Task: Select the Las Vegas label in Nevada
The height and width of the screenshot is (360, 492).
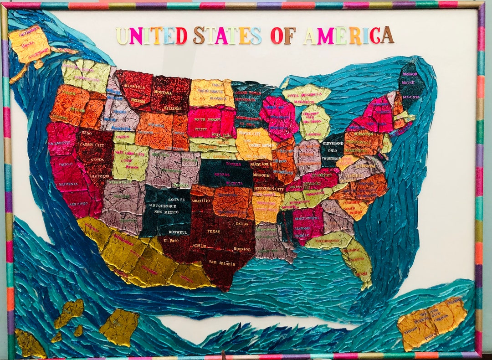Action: click(x=99, y=176)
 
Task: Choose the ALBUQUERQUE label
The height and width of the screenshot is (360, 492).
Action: click(x=167, y=206)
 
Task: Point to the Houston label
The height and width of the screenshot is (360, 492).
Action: click(x=242, y=249)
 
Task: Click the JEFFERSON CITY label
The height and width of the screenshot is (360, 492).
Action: click(x=268, y=188)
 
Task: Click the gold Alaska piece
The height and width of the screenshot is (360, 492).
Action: click(x=30, y=45)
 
